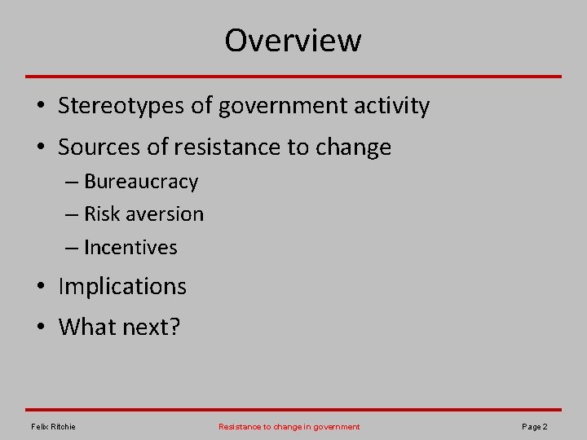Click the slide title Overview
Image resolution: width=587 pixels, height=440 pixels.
coord(293,40)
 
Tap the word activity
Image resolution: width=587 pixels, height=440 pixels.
coord(391,106)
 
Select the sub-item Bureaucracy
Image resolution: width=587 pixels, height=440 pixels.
coord(141,182)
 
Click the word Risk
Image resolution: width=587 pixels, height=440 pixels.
coord(102,214)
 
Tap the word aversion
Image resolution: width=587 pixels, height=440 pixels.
coord(166,214)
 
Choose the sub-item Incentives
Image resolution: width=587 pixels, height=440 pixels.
coord(130,248)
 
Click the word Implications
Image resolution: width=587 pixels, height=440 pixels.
coord(122,287)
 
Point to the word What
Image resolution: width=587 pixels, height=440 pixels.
coord(88,328)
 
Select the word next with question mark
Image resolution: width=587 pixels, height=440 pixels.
coord(152,328)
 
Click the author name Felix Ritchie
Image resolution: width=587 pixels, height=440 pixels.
coord(53,427)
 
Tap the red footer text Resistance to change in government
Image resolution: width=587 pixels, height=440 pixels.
coord(289,427)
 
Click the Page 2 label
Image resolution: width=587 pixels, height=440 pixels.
coord(534,427)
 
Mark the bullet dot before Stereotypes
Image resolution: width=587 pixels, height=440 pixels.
coord(40,107)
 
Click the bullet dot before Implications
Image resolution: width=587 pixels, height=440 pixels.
coord(40,288)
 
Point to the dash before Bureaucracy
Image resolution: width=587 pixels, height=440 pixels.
coord(70,183)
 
